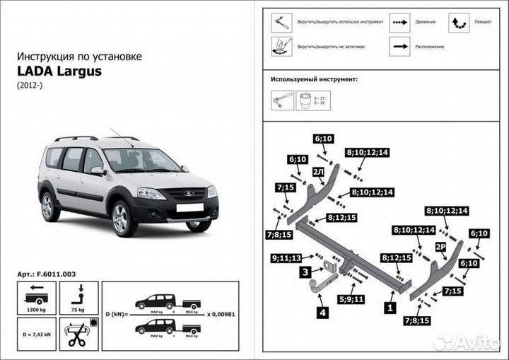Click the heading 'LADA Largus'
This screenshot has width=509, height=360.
[59, 71]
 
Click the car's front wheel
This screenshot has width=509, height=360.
[122, 218]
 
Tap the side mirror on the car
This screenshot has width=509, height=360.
[97, 170]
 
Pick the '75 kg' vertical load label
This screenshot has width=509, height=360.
[78, 309]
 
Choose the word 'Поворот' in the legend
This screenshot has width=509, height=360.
[483, 22]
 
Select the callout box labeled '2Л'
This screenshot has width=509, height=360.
[318, 172]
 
